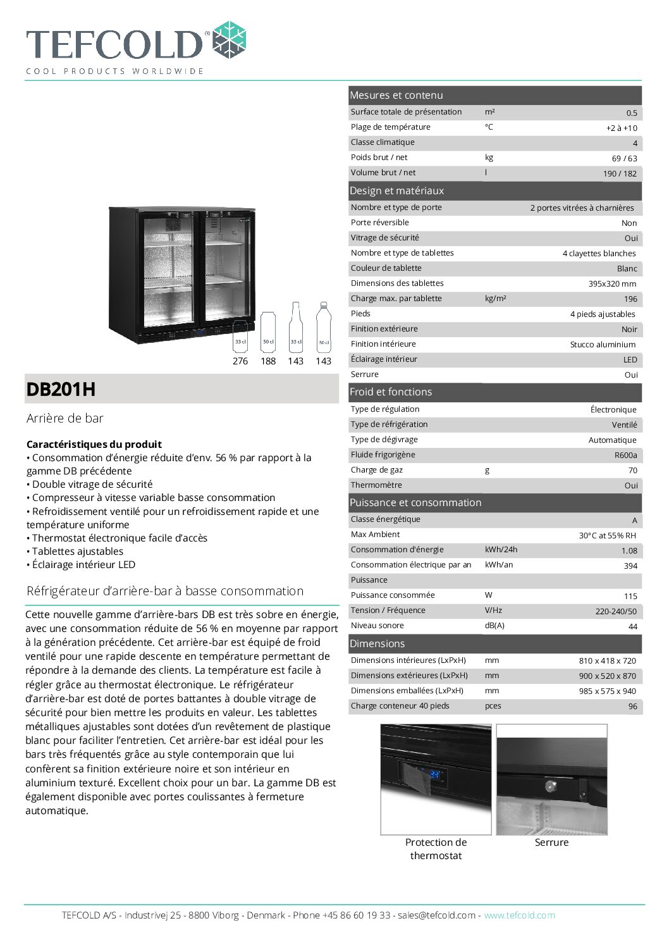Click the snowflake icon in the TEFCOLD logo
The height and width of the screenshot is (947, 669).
pos(229,40)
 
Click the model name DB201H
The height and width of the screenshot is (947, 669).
pos(61,389)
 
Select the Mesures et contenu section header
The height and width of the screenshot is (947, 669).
pos(396,96)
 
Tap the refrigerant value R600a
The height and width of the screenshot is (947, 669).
pos(625,455)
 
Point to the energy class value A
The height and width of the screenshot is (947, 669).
pos(634,520)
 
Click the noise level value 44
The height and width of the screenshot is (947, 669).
pos(632,626)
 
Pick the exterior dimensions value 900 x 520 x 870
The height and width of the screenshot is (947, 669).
pos(607,676)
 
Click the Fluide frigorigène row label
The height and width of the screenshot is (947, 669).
pos(383,455)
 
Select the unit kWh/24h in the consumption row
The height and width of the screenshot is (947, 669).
pos(501,550)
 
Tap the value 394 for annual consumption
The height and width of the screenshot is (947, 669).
pos(630,566)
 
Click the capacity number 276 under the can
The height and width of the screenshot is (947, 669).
pos(240,361)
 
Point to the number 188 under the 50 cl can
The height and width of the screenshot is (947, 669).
pos(268,361)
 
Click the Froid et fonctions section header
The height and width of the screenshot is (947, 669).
pos(391,392)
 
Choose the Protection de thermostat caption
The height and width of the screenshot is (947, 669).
pos(436,849)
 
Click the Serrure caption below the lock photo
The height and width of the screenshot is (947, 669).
pos(551,843)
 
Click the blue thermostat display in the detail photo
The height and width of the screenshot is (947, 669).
pos(435,774)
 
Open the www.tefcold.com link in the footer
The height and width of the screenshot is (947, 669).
pos(519,915)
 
